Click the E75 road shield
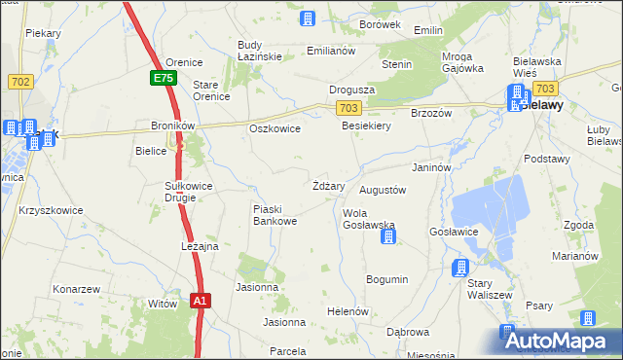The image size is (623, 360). (x=163, y=78)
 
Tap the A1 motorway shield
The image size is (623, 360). (x=199, y=302)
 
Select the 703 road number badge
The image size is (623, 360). (x=350, y=107)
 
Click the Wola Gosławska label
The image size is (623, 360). (x=368, y=218)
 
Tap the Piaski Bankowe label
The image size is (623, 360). (x=275, y=215)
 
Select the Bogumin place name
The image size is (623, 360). (x=386, y=279)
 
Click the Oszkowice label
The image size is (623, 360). (x=275, y=127)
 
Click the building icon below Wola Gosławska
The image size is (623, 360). (x=388, y=236)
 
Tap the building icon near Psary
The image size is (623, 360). (x=588, y=318)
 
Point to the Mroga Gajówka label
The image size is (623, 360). (x=462, y=62)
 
